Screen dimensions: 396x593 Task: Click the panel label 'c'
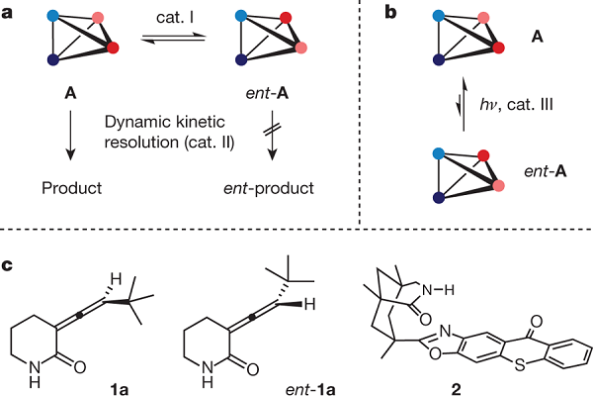click(9, 263)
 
